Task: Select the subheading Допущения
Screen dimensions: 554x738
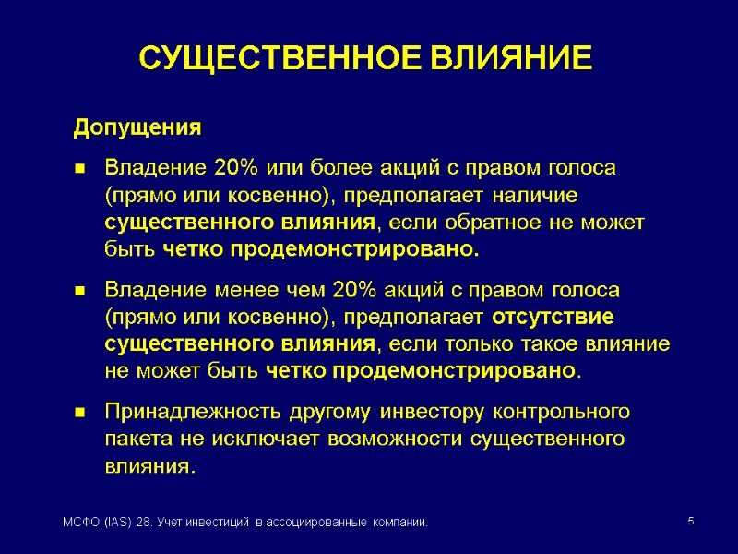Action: tap(137, 127)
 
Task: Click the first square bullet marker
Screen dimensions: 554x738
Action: tap(80, 170)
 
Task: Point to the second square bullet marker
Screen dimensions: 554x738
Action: tap(80, 292)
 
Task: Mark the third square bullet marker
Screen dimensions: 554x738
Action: tap(80, 412)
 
